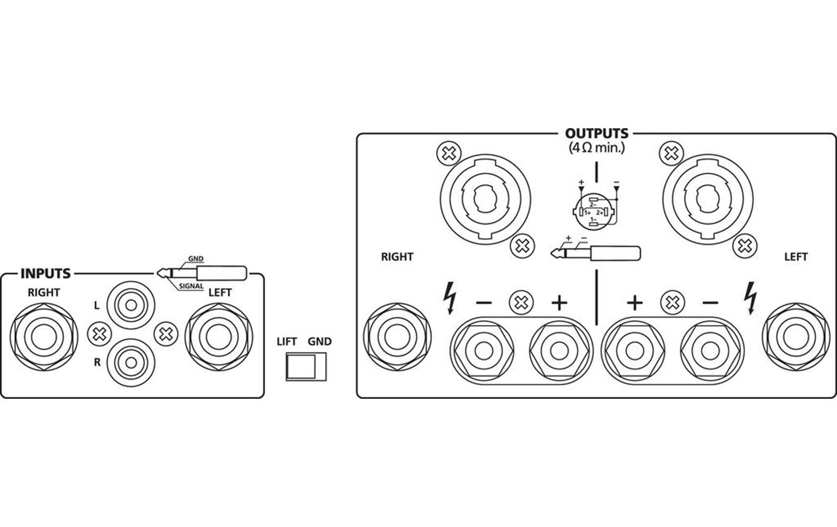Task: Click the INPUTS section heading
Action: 45,274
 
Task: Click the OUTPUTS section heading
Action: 596,133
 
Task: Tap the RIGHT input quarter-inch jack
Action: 44,337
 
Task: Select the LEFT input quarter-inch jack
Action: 219,337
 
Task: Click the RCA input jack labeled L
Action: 131,305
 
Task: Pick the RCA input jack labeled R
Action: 131,363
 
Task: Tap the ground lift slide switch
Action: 306,367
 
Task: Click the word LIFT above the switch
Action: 287,342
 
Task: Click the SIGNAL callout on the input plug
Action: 191,286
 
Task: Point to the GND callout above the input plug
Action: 196,259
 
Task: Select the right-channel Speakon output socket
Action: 485,199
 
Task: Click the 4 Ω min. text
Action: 597,148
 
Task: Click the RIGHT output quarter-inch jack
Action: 397,337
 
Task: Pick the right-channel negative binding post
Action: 484,351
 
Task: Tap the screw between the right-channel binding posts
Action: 521,302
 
